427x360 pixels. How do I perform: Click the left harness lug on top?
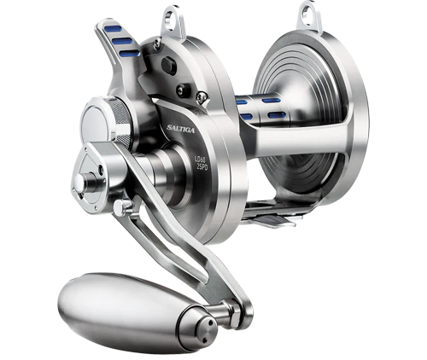(176, 15)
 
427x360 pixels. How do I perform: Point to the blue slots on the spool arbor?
(256, 103)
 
